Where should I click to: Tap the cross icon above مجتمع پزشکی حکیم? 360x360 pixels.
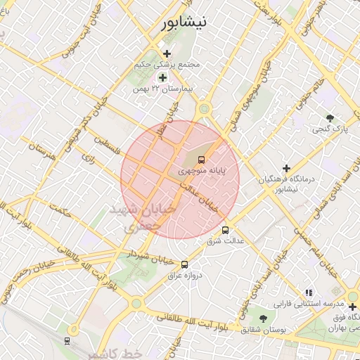[x=167, y=53]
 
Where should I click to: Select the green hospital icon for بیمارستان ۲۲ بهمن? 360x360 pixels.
[x=162, y=78]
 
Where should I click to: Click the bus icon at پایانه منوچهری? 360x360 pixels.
[x=202, y=160]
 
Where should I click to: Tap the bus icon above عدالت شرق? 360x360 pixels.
[x=225, y=230]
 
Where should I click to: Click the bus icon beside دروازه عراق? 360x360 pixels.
[x=184, y=264]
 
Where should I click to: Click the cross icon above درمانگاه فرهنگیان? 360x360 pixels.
[x=285, y=168]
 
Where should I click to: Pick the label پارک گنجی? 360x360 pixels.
[x=330, y=129]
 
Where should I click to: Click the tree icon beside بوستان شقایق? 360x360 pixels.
[x=263, y=319]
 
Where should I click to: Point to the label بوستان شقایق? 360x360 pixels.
[x=263, y=329]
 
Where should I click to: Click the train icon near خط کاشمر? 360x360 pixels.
[x=67, y=340]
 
